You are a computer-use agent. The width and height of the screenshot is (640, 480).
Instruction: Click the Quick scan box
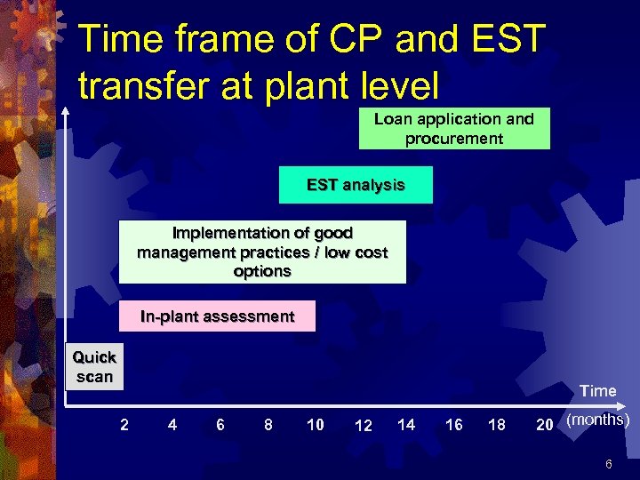click(94, 366)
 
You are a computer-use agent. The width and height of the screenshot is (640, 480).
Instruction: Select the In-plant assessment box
click(218, 316)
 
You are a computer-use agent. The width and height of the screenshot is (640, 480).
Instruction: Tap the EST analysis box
click(356, 185)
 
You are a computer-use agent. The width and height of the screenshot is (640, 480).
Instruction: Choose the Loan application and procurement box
click(454, 129)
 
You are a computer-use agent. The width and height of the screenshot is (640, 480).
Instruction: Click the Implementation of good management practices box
click(262, 252)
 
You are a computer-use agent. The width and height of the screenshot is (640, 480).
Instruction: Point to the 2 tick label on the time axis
click(124, 425)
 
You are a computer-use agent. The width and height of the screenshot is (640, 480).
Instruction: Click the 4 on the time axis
click(172, 425)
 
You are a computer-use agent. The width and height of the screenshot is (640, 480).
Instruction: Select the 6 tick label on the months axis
click(220, 425)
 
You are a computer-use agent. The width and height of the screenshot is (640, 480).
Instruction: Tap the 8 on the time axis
click(268, 425)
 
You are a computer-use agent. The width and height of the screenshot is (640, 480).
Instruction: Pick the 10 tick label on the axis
click(315, 425)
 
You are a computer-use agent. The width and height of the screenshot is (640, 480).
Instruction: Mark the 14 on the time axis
click(406, 425)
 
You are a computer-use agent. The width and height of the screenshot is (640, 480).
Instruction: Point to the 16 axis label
click(453, 425)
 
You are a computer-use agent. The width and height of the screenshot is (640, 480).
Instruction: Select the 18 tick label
click(497, 425)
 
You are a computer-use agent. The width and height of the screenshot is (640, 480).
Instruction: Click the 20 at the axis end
click(545, 425)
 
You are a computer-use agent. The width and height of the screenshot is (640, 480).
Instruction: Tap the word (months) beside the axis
click(597, 420)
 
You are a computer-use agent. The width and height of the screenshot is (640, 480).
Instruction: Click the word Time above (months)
click(597, 391)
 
